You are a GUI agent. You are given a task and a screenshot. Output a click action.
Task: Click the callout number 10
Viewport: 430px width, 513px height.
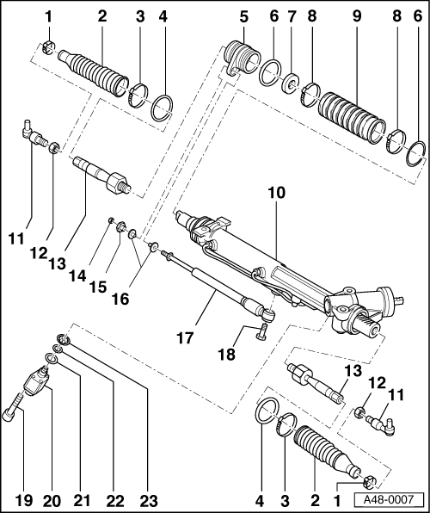277,193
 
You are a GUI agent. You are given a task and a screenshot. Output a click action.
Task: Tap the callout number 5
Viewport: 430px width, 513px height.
243,16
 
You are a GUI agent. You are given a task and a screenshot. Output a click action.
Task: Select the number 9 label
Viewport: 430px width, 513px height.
357,16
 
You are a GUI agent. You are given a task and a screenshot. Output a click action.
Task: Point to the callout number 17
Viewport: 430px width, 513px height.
186,337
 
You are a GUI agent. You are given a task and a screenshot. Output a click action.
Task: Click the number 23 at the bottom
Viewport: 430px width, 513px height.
149,501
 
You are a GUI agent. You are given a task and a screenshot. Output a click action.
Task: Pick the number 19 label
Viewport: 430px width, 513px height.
23,501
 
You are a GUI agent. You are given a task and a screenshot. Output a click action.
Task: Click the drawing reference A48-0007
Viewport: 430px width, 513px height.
389,499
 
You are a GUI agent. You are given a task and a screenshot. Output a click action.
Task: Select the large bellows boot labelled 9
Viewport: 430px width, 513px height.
352,118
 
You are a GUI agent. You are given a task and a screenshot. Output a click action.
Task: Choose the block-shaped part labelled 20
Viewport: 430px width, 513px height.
37,380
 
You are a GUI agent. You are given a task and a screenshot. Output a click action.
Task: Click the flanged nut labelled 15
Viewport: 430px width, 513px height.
121,226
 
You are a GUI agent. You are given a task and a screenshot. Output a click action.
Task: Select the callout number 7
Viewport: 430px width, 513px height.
291,16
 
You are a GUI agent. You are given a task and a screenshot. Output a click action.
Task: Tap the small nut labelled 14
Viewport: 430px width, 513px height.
111,219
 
